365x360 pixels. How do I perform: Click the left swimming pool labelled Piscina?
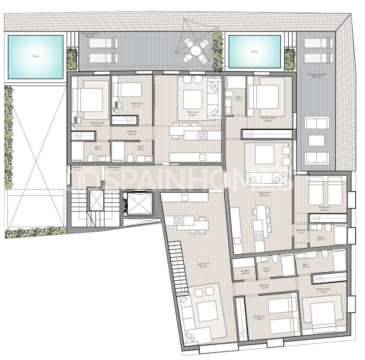36,57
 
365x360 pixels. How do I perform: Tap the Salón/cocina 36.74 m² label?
203,264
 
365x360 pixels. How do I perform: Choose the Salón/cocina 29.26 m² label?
265,194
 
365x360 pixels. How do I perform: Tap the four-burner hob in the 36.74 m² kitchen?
179,220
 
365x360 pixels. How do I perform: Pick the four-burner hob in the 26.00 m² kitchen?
203,134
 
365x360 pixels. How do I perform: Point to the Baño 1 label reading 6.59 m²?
306,266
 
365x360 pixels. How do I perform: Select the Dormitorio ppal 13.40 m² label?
268,119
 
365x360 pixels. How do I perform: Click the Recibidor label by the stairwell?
77,168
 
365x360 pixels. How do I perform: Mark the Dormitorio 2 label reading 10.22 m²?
325,208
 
